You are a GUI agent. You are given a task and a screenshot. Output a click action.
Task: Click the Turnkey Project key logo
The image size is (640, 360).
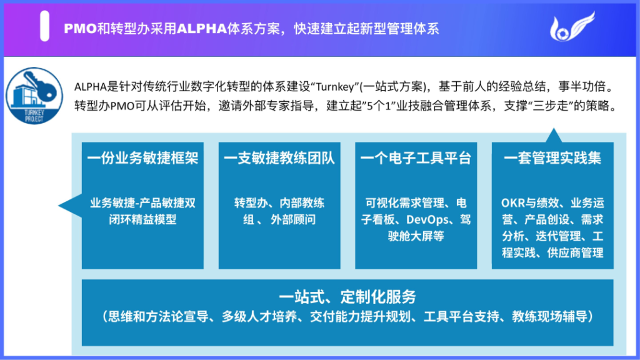[34, 96]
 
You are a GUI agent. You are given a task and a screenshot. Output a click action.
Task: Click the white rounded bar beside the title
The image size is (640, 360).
[44, 26]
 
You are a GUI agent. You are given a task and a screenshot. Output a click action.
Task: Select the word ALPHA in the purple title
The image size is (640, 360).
[202, 29]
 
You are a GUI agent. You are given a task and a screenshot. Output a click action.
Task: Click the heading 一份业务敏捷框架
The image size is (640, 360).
[142, 158]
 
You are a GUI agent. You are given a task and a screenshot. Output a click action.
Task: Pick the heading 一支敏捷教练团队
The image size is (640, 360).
[279, 158]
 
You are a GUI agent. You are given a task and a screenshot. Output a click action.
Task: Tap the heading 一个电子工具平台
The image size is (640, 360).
[416, 158]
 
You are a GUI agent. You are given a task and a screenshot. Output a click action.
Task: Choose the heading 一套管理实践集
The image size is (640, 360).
[552, 158]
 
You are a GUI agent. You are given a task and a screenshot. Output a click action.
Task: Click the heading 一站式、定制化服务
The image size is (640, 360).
[347, 297]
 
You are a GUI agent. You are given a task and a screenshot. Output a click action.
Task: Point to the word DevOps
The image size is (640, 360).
[427, 219]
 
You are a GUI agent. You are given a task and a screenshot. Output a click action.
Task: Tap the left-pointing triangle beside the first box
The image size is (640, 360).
[70, 205]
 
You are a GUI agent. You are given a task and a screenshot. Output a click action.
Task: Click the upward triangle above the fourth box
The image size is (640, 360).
[554, 136]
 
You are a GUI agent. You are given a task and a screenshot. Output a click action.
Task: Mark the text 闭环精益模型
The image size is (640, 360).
[142, 219]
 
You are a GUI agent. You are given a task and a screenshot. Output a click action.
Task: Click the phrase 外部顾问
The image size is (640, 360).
[293, 219]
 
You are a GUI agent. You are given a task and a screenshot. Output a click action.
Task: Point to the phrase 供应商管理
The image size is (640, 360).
[575, 252]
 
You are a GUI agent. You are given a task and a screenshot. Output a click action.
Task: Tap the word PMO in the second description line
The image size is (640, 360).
[123, 106]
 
